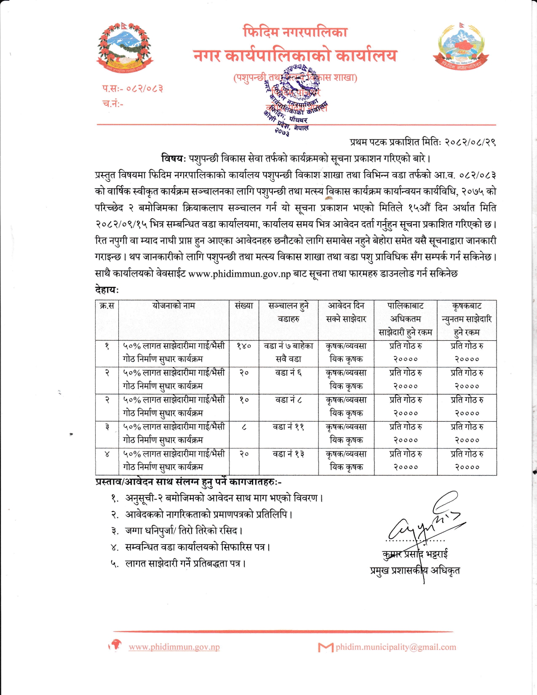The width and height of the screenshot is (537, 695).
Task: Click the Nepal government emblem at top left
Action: tap(125, 47)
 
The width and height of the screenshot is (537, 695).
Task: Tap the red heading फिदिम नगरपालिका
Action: tap(295, 32)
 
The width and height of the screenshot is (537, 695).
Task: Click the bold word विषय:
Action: tap(173, 159)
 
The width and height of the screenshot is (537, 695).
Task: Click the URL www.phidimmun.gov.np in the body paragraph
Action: tap(240, 274)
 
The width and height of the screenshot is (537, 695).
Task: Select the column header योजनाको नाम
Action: tap(174, 306)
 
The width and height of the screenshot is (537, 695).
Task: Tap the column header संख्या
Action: tap(244, 306)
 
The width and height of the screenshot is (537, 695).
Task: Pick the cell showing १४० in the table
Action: tap(244, 346)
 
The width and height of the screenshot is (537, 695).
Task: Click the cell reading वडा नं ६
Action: tap(289, 373)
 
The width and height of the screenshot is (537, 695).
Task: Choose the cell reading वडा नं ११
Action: tap(289, 427)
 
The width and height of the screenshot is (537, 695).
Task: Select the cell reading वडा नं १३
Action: tap(289, 454)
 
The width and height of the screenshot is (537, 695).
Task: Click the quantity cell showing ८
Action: tap(244, 427)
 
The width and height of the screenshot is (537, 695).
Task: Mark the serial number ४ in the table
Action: tap(107, 454)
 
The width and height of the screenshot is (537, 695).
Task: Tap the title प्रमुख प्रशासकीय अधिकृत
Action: tap(415, 571)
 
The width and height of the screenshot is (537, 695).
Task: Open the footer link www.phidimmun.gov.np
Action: tap(174, 647)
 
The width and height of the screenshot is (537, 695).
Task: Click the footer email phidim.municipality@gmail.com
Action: tap(395, 647)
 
